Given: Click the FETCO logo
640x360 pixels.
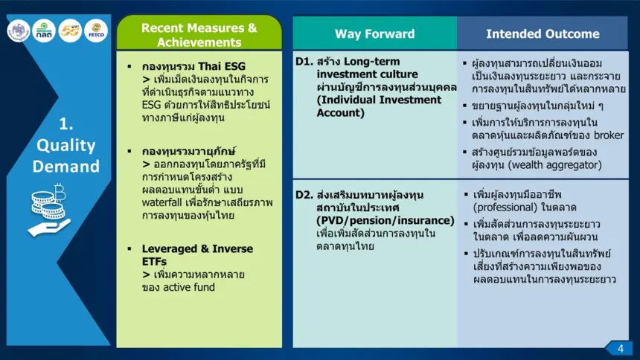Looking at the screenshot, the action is point(96,30).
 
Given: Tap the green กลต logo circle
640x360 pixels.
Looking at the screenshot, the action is point(44,30).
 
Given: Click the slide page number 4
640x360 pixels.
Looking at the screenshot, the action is point(621,349).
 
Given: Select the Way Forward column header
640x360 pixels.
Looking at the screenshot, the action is point(374,33).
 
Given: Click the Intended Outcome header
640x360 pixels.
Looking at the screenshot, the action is point(543,33).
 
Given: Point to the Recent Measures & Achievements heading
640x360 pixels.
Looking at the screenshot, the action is point(199,35).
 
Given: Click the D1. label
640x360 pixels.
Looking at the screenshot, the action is point(304,61).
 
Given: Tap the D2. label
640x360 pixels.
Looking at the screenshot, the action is point(304,195).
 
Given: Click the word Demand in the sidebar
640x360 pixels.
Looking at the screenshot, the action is point(65,166).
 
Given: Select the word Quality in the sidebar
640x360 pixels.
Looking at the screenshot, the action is point(65,146).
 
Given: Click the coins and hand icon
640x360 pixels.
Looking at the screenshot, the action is point(49,210).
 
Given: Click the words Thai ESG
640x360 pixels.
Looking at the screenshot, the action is point(222,66).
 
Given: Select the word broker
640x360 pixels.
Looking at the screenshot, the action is point(609,135).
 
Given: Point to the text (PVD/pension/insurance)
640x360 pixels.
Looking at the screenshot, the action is point(385,220).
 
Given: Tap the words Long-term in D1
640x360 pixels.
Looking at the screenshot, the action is point(372,61).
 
